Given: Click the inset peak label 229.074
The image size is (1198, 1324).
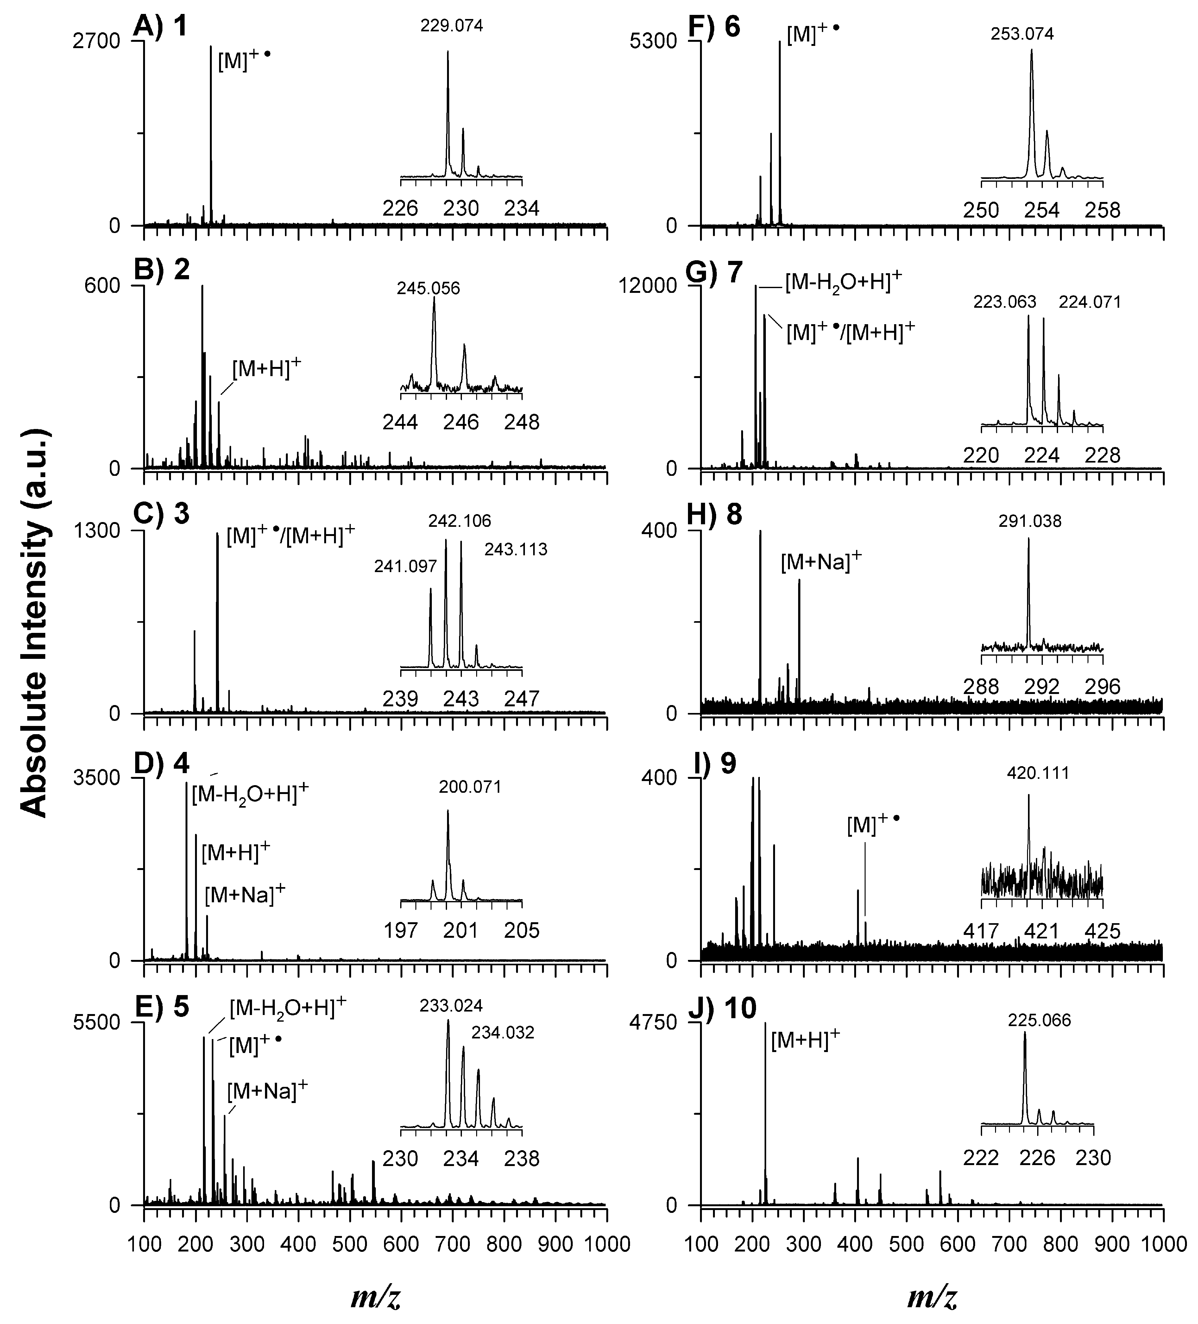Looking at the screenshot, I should point(452,26).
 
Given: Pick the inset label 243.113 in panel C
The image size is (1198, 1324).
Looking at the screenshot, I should point(516,549).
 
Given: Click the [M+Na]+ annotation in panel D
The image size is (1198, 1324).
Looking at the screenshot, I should point(245,894).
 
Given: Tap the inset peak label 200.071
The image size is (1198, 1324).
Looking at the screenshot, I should point(470,787).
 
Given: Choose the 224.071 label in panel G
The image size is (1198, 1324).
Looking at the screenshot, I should point(1090,302).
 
